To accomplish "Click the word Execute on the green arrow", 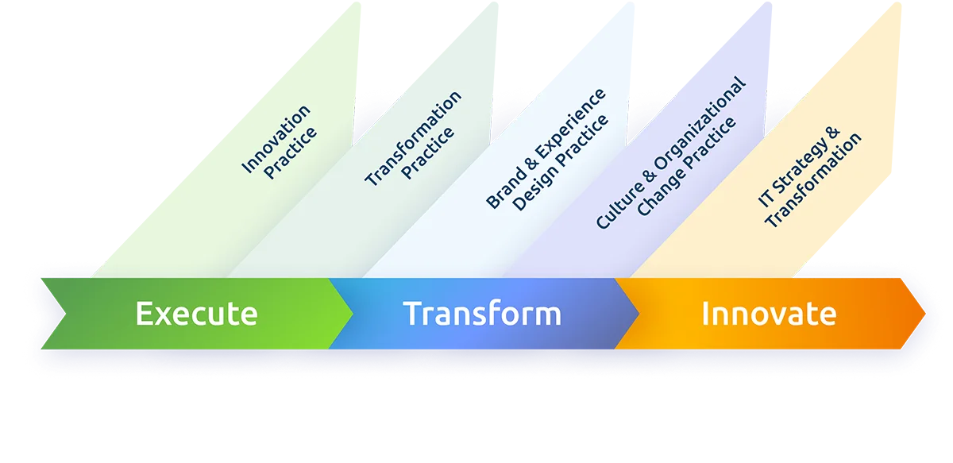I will point(196,314).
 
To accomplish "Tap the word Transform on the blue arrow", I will point(481,314).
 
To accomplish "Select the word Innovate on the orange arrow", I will point(768,314).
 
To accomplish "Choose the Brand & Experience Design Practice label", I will point(548,151).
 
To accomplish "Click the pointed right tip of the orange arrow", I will point(923,314).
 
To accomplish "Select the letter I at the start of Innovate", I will point(705,314).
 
